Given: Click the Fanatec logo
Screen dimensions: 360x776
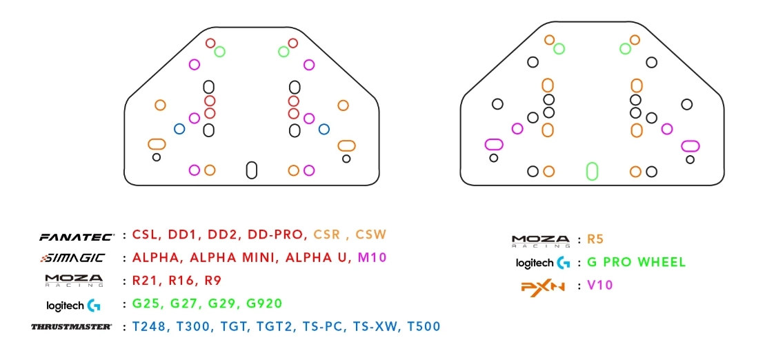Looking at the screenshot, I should (76, 236).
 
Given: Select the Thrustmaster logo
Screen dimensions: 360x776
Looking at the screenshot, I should (72, 326).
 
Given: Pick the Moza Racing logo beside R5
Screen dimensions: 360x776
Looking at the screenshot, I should (541, 241).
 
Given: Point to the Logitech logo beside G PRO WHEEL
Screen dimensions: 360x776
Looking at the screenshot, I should (543, 263).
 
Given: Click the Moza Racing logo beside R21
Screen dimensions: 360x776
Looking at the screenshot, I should (74, 281).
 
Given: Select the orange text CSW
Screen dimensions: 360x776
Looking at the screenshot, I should (371, 234).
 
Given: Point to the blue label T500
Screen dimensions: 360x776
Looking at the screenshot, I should (424, 326).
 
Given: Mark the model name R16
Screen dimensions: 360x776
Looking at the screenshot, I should (179, 281).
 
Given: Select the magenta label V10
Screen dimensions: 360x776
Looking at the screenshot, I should (600, 285).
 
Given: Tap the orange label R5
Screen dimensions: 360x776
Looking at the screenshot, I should (595, 240).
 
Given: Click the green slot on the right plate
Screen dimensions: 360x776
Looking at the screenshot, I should (591, 170).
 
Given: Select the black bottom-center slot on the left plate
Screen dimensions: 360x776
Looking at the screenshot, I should (252, 170).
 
